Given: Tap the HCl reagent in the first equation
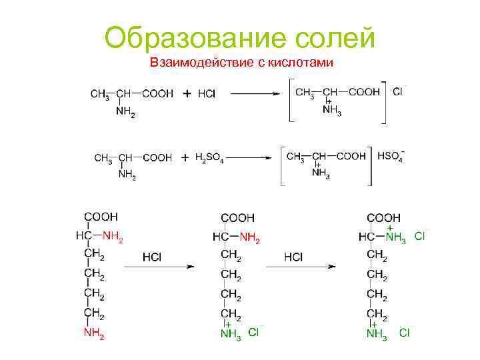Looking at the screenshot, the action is coord(207,94).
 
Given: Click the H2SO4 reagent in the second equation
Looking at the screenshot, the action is coord(209,158).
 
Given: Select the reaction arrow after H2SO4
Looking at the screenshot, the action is coord(249,158).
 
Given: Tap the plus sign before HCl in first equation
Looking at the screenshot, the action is coord(186,94).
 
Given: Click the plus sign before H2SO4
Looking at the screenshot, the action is coord(185,158).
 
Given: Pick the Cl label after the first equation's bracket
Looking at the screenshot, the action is coord(398,91).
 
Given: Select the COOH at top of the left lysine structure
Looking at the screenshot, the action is coord(101,217).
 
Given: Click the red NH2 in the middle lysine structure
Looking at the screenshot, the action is coord(250,237).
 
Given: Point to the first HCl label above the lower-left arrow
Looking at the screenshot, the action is coord(153,257).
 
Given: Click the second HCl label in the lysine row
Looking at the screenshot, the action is coord(293,257).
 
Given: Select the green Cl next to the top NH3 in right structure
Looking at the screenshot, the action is coord(420,235).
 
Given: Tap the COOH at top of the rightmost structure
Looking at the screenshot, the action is coord(384,217).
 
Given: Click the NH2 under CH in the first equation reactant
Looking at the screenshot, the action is coord(125,113).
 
